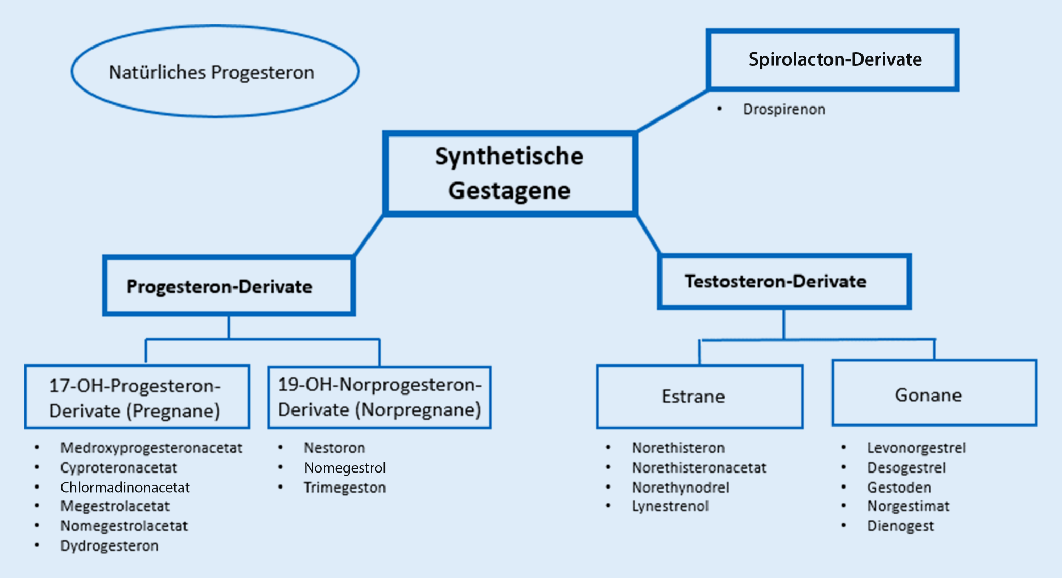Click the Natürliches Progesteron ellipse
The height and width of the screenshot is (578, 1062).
(x=214, y=71)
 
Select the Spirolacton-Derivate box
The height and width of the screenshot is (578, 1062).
(x=833, y=59)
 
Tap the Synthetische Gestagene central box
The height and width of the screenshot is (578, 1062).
(x=510, y=173)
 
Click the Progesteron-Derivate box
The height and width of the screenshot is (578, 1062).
(x=228, y=285)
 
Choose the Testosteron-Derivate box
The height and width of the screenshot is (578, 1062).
(x=783, y=281)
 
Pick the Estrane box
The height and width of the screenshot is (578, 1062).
(x=699, y=397)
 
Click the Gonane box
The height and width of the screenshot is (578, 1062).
(x=933, y=393)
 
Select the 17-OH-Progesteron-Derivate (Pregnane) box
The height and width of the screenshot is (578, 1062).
(x=137, y=397)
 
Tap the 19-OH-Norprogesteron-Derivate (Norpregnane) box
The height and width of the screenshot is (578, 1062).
(x=379, y=397)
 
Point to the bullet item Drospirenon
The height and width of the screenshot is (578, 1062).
(x=783, y=109)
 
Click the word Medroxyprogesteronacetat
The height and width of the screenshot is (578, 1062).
(x=151, y=448)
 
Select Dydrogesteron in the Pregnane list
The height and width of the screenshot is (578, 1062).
(x=109, y=546)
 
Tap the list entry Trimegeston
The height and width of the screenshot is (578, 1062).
(x=344, y=488)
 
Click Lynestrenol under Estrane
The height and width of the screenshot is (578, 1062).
(x=670, y=506)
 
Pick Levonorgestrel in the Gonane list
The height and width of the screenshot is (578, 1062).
(x=916, y=448)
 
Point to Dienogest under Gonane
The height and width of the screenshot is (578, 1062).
(x=900, y=526)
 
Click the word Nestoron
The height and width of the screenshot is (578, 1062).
(x=334, y=448)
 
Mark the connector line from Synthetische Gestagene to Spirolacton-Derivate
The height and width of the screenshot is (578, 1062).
(x=672, y=111)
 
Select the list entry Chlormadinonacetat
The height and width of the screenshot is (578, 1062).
(x=125, y=488)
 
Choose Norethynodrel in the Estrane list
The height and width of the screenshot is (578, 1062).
(x=680, y=488)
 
